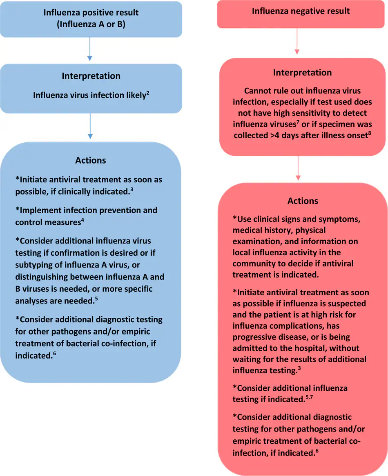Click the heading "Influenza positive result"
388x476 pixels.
(x=91, y=13)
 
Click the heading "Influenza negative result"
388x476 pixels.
(x=301, y=11)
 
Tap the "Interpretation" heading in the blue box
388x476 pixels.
(x=91, y=76)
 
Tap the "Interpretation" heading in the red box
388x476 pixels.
(x=302, y=73)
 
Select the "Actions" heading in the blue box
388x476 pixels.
(x=91, y=160)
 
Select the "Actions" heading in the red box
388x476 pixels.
(x=303, y=201)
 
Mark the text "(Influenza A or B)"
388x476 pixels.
(x=91, y=24)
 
